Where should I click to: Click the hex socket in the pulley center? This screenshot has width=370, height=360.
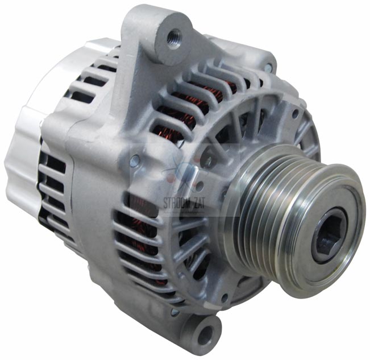pos(330,237)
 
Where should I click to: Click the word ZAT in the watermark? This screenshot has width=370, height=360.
pos(199,204)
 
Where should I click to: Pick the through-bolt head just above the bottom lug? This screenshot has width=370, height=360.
pos(174,312)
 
